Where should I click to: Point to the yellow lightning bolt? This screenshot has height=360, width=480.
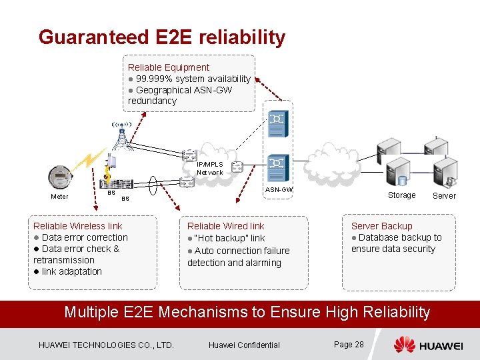[x=89, y=161]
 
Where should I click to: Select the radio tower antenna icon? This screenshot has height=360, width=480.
[x=121, y=135]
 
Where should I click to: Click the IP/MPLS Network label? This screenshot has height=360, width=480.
[x=210, y=168]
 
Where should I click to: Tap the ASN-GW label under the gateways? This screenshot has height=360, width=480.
[x=279, y=190]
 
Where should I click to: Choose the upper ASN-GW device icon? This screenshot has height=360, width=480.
[x=276, y=120]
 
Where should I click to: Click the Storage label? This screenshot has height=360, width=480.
[x=401, y=195]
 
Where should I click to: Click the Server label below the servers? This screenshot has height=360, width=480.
[x=444, y=195]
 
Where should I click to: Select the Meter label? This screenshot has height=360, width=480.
[x=59, y=196]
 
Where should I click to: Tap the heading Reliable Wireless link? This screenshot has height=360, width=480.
[x=78, y=226]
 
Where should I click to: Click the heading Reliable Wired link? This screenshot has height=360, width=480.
[x=225, y=226]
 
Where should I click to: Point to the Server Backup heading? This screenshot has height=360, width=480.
[x=381, y=226]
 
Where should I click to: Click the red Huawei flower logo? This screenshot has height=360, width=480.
[x=404, y=345]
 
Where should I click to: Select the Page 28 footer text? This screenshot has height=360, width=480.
[x=349, y=344]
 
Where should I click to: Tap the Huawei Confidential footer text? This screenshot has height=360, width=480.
[x=244, y=345]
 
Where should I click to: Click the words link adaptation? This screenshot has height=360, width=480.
[x=71, y=271]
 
